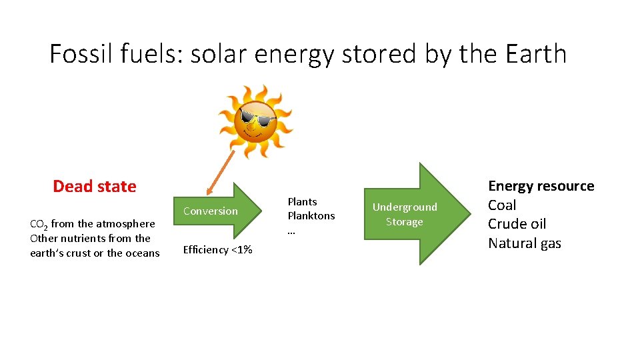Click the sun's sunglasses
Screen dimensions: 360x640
[257, 121]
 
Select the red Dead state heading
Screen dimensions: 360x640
[94, 187]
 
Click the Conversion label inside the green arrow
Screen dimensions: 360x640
[210, 211]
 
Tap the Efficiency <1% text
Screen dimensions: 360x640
[217, 250]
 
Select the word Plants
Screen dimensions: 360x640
[302, 201]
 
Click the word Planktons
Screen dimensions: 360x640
[311, 216]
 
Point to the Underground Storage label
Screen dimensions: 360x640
[404, 214]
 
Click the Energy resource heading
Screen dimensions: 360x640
[541, 186]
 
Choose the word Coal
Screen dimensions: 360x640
[502, 205]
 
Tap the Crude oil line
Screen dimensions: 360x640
[517, 224]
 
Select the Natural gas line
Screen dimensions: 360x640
[525, 243]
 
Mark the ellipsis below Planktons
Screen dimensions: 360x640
[291, 231]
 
